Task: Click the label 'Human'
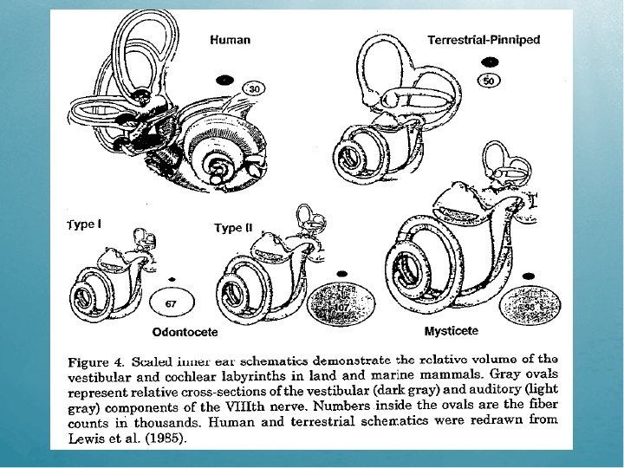point(230,39)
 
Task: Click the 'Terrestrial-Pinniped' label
point(484,39)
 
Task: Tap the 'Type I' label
point(84,224)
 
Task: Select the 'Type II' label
point(233,228)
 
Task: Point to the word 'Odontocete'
point(185,331)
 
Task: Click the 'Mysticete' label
point(451,331)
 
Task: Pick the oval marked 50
point(490,81)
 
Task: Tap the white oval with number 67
point(171,303)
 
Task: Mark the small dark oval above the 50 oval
point(491,62)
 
